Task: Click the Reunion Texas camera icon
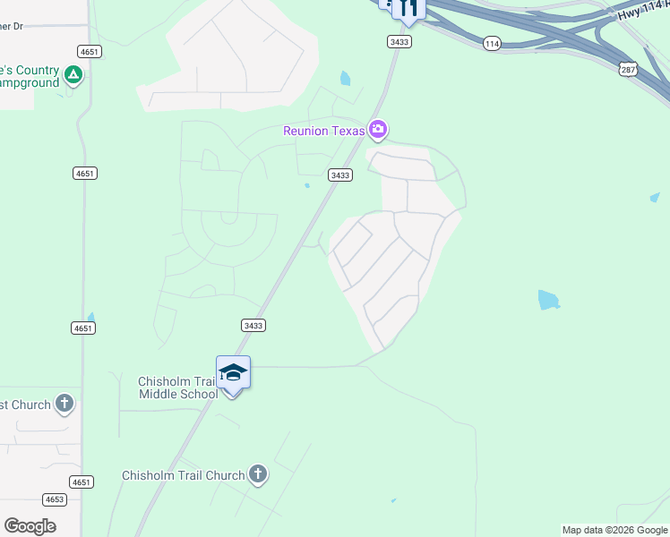(378, 131)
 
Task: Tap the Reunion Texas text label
(324, 131)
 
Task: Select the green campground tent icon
(74, 76)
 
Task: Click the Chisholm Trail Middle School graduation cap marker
(233, 372)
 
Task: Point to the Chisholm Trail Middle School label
(177, 388)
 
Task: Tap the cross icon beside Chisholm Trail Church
(258, 474)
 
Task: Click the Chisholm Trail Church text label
(184, 475)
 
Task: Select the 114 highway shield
(491, 43)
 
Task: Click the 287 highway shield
(630, 68)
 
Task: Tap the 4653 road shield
(55, 499)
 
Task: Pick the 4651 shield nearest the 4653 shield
(82, 482)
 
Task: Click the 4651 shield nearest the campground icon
(89, 51)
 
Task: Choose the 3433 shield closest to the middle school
(253, 326)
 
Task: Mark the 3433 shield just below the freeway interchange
(399, 41)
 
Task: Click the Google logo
(30, 526)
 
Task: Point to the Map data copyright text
(615, 530)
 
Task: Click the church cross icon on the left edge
(64, 404)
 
